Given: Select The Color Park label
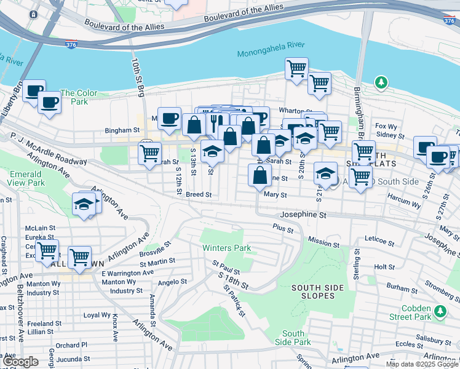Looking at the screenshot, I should pyautogui.click(x=78, y=97).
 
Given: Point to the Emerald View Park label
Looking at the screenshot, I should pyautogui.click(x=26, y=178).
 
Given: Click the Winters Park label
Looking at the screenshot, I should pyautogui.click(x=228, y=248).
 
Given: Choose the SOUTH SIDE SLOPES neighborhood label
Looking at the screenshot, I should pyautogui.click(x=313, y=292).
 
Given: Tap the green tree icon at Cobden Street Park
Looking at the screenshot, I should pyautogui.click(x=440, y=312).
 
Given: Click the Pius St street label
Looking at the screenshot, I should pyautogui.click(x=282, y=227).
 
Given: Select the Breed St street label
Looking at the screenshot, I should pyautogui.click(x=199, y=194).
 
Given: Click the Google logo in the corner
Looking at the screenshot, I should pyautogui.click(x=20, y=362).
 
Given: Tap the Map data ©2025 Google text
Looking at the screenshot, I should pyautogui.click(x=422, y=364).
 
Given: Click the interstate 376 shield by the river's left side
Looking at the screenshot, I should pyautogui.click(x=71, y=45).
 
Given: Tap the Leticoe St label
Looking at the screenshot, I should pyautogui.click(x=378, y=238).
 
